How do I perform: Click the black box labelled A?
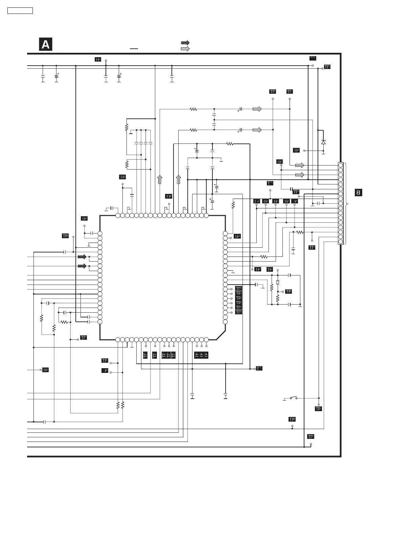(46, 45)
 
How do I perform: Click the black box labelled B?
(358, 193)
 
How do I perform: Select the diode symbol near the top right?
(323, 142)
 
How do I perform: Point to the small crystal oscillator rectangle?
(278, 282)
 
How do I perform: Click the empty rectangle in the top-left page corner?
(20, 10)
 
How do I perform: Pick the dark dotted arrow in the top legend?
(185, 43)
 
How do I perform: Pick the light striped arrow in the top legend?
(185, 49)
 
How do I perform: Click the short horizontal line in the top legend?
(134, 49)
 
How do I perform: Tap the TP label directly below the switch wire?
(318, 409)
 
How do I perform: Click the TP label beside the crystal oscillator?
(289, 291)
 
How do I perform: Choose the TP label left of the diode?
(296, 150)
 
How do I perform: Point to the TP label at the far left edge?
(45, 370)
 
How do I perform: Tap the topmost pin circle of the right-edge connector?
(341, 165)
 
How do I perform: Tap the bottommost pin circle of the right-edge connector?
(341, 242)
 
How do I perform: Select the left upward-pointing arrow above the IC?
(160, 180)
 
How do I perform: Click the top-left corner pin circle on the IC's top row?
(118, 215)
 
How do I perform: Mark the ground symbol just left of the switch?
(284, 400)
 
